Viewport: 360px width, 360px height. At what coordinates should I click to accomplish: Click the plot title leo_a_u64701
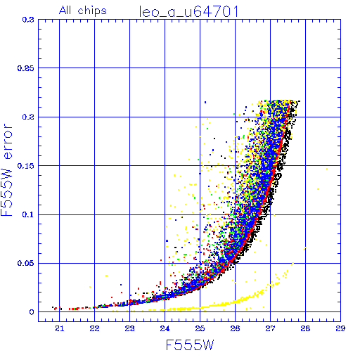click(189, 12)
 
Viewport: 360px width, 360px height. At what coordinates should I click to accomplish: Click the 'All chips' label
click(83, 11)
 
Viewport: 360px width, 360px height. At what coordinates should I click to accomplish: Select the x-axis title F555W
click(190, 345)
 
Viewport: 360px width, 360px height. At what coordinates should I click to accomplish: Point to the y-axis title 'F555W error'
click(6, 170)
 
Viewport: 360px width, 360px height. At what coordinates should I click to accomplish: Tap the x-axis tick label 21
click(60, 328)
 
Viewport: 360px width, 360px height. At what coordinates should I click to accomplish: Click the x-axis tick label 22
click(94, 328)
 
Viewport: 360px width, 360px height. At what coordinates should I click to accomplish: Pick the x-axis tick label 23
click(129, 328)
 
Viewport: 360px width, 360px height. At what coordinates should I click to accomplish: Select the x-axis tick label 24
click(165, 328)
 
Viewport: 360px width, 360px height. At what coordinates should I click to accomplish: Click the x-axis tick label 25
click(200, 328)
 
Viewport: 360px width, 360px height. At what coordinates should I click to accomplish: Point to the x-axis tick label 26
click(235, 328)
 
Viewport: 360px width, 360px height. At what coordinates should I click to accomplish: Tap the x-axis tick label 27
click(270, 328)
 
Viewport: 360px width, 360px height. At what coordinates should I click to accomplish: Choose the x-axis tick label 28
click(305, 328)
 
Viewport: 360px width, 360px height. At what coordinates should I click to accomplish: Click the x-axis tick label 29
click(340, 328)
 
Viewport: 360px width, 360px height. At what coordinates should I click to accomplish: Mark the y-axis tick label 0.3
click(28, 20)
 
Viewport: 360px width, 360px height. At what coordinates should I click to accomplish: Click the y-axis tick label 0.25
click(26, 68)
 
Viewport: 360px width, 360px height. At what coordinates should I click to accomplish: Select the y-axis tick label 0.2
click(28, 117)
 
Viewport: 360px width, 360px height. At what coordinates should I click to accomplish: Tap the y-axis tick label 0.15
click(26, 166)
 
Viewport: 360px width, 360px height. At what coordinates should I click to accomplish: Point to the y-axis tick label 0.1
click(28, 214)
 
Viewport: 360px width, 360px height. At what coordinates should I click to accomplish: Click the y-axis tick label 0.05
click(26, 263)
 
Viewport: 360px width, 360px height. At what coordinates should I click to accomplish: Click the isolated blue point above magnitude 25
click(205, 102)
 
